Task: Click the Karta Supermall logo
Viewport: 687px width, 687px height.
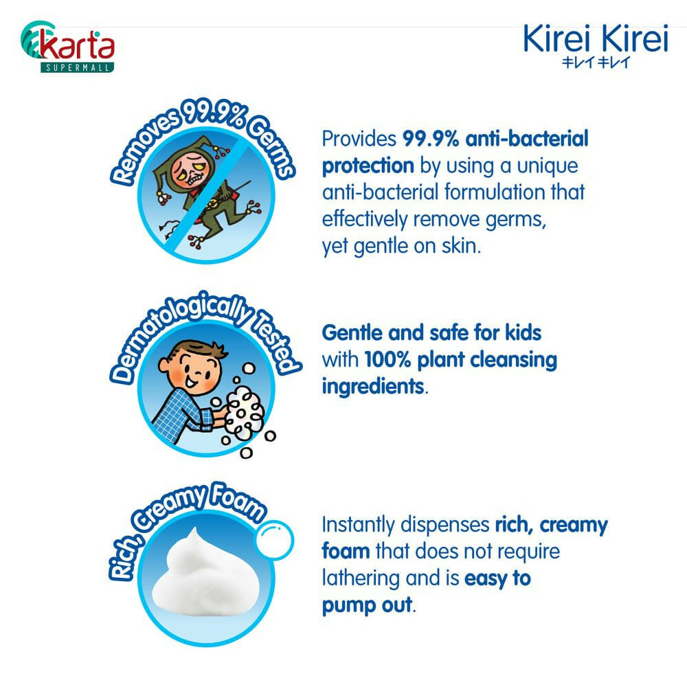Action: coord(67,47)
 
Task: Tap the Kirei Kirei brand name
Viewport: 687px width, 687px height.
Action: coord(596,38)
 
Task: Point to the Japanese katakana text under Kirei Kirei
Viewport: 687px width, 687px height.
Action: coord(596,63)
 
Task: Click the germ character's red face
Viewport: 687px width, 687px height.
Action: coord(189,170)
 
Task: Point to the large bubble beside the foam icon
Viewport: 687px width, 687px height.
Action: coord(274,539)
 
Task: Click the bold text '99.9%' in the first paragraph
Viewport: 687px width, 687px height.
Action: coord(431,139)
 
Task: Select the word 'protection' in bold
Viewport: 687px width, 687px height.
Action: coord(368,166)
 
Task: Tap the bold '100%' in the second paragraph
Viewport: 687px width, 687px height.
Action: coord(387,360)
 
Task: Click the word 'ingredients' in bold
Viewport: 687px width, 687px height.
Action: coord(373,387)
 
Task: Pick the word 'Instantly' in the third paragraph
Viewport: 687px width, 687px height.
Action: coord(358,526)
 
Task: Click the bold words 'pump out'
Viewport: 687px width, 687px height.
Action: coord(367,605)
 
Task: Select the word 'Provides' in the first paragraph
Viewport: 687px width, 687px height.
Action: coord(359,139)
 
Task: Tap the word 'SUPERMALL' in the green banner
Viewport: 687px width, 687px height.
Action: coord(77,67)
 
